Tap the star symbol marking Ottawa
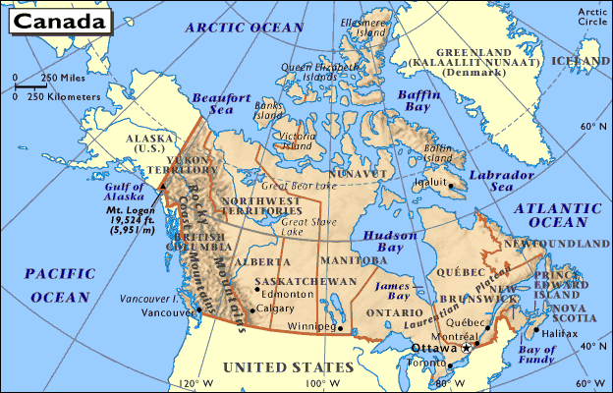tap(467, 349)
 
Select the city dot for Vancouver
tap(199, 309)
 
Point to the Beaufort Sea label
tap(215, 104)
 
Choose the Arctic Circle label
tap(593, 15)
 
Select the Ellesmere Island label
tap(363, 27)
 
